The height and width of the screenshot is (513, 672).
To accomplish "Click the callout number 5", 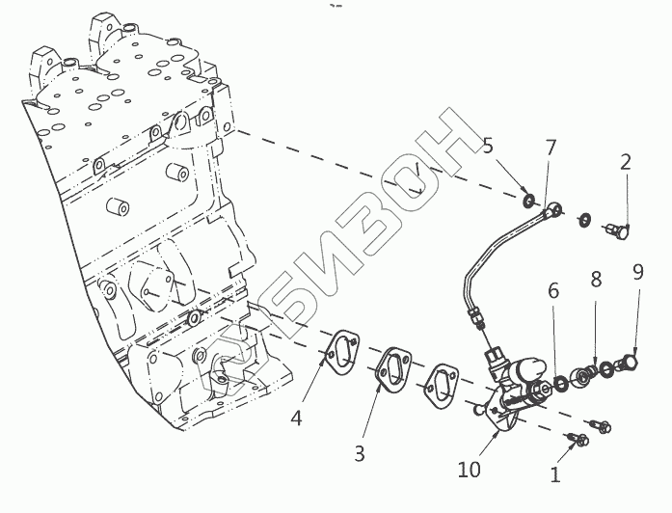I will [488, 147].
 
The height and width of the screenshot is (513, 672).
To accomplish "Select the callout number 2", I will [625, 162].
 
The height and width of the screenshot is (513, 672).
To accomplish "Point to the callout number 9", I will [636, 271].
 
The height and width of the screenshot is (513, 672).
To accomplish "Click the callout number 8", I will [596, 281].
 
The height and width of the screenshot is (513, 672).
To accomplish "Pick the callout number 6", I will [553, 289].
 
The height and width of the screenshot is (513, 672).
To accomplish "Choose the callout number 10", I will [469, 471].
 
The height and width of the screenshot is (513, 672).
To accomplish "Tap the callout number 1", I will [553, 473].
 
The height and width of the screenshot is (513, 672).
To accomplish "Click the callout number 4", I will [297, 418].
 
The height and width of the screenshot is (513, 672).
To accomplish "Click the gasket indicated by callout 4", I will [342, 353].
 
